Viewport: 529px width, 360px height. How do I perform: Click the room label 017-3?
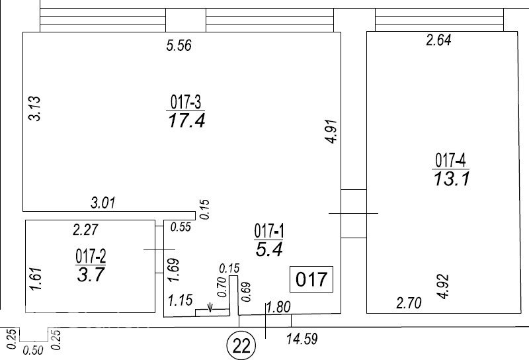pyautogui.click(x=186, y=102)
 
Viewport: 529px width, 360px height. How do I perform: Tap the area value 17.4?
pyautogui.click(x=186, y=120)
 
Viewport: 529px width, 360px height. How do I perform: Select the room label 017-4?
pyautogui.click(x=450, y=160)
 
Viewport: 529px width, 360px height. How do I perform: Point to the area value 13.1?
pyautogui.click(x=452, y=179)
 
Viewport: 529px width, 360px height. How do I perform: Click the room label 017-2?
pyautogui.click(x=91, y=257)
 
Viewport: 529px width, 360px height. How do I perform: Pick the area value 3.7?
pyautogui.click(x=91, y=275)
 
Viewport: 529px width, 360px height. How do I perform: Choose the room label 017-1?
pyautogui.click(x=269, y=232)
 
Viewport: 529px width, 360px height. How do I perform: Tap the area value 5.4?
pyautogui.click(x=269, y=249)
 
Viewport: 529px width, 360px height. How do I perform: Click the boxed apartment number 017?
pyautogui.click(x=311, y=279)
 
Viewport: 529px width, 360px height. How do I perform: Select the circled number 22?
pyautogui.click(x=241, y=345)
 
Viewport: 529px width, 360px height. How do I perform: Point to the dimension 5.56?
pyautogui.click(x=179, y=45)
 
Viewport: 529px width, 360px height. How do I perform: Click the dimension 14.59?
pyautogui.click(x=302, y=339)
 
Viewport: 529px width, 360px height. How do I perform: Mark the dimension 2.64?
pyautogui.click(x=438, y=40)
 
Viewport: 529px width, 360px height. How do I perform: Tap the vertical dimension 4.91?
pyautogui.click(x=333, y=131)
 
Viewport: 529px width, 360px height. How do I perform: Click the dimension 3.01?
pyautogui.click(x=103, y=202)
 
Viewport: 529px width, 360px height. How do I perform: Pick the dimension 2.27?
pyautogui.click(x=85, y=230)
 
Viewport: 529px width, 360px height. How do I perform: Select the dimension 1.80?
pyautogui.click(x=278, y=307)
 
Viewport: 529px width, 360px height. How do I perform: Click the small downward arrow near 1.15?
pyautogui.click(x=210, y=307)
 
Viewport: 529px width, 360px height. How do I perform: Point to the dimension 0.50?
pyautogui.click(x=34, y=350)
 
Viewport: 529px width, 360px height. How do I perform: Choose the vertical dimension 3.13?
pyautogui.click(x=34, y=109)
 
